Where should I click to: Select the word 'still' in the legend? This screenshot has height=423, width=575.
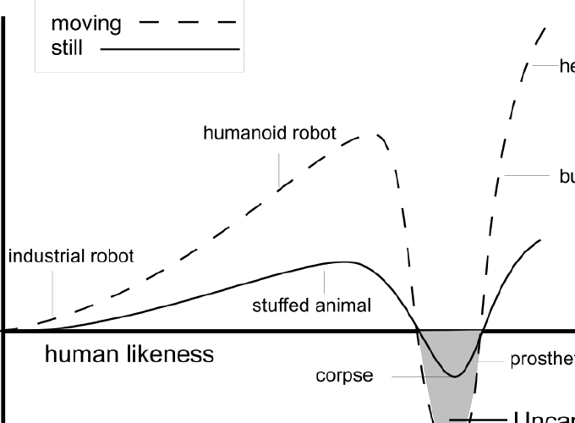[x=67, y=48]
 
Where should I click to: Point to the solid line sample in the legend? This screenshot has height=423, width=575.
[x=169, y=49]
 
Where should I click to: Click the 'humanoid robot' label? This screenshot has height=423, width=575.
[x=270, y=133]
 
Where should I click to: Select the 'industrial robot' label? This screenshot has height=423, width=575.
[x=71, y=256]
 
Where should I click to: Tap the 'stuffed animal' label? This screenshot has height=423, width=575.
[x=311, y=305]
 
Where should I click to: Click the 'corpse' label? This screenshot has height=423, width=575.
[x=344, y=375]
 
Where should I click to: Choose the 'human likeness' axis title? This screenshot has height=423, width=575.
[x=129, y=354]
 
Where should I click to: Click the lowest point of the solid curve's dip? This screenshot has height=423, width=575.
[x=454, y=376]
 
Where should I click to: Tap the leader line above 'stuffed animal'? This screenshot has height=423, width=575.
[x=324, y=280]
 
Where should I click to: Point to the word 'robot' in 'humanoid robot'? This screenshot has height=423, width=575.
[x=312, y=133]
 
